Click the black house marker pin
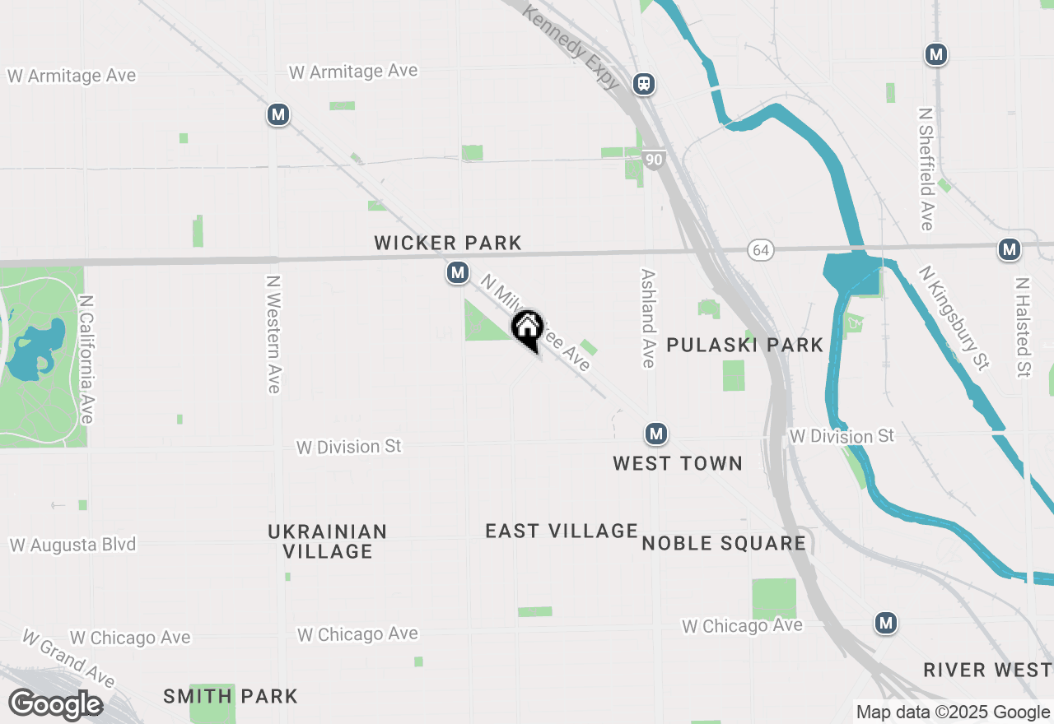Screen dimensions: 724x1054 point(527,329)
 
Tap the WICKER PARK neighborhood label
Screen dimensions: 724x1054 point(448,243)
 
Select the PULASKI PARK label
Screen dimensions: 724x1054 point(744,345)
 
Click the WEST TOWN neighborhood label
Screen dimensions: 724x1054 point(678,463)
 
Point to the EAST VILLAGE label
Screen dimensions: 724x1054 point(562,531)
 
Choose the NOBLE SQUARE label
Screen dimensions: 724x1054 point(724,543)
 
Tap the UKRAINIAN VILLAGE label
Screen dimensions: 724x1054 point(328,541)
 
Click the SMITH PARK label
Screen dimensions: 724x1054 point(231,696)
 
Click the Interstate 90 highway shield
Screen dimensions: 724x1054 point(653,160)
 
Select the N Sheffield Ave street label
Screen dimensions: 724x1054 point(926,169)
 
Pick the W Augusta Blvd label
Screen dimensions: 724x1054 point(72,545)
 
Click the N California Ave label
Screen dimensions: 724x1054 point(86,359)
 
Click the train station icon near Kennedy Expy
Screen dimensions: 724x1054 point(644,83)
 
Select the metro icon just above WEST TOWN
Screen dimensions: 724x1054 point(655,434)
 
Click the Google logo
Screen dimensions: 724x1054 point(56,704)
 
